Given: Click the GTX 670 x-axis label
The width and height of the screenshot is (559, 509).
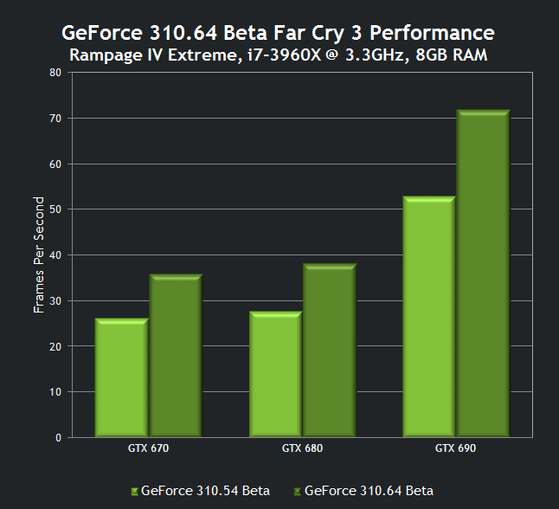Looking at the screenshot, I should tap(147, 448).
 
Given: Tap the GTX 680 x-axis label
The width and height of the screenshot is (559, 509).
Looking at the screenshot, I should tap(301, 448).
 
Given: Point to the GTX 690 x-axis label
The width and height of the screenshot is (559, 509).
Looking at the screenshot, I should tap(456, 448).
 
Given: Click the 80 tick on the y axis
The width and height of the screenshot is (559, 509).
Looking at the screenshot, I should tap(55, 73).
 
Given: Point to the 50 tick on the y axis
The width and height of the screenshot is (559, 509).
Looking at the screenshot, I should tap(55, 209).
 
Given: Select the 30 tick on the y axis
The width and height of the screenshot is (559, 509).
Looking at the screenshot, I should tap(55, 300).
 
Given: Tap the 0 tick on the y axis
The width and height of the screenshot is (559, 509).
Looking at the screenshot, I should tap(58, 437).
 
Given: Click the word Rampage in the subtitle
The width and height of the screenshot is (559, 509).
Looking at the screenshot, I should tap(102, 55).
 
